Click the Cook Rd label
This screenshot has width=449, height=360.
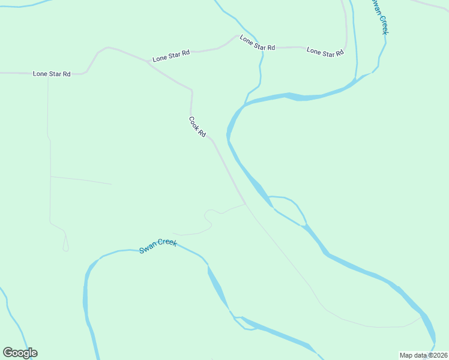[197, 127]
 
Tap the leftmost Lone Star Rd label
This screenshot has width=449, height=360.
[52, 74]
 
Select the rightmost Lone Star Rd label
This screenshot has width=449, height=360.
[325, 52]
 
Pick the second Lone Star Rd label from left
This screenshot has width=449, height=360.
[171, 56]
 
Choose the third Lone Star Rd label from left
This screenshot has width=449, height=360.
[257, 43]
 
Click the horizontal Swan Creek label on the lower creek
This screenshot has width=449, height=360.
[158, 245]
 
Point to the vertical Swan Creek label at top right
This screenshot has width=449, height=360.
[378, 16]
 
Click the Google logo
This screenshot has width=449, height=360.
[20, 353]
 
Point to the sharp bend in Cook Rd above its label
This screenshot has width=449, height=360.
[191, 91]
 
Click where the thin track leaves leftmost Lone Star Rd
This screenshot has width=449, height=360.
[48, 74]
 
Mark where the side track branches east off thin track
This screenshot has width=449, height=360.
[50, 176]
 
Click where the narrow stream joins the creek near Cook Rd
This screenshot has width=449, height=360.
[246, 104]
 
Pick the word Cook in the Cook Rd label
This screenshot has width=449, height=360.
[194, 122]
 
